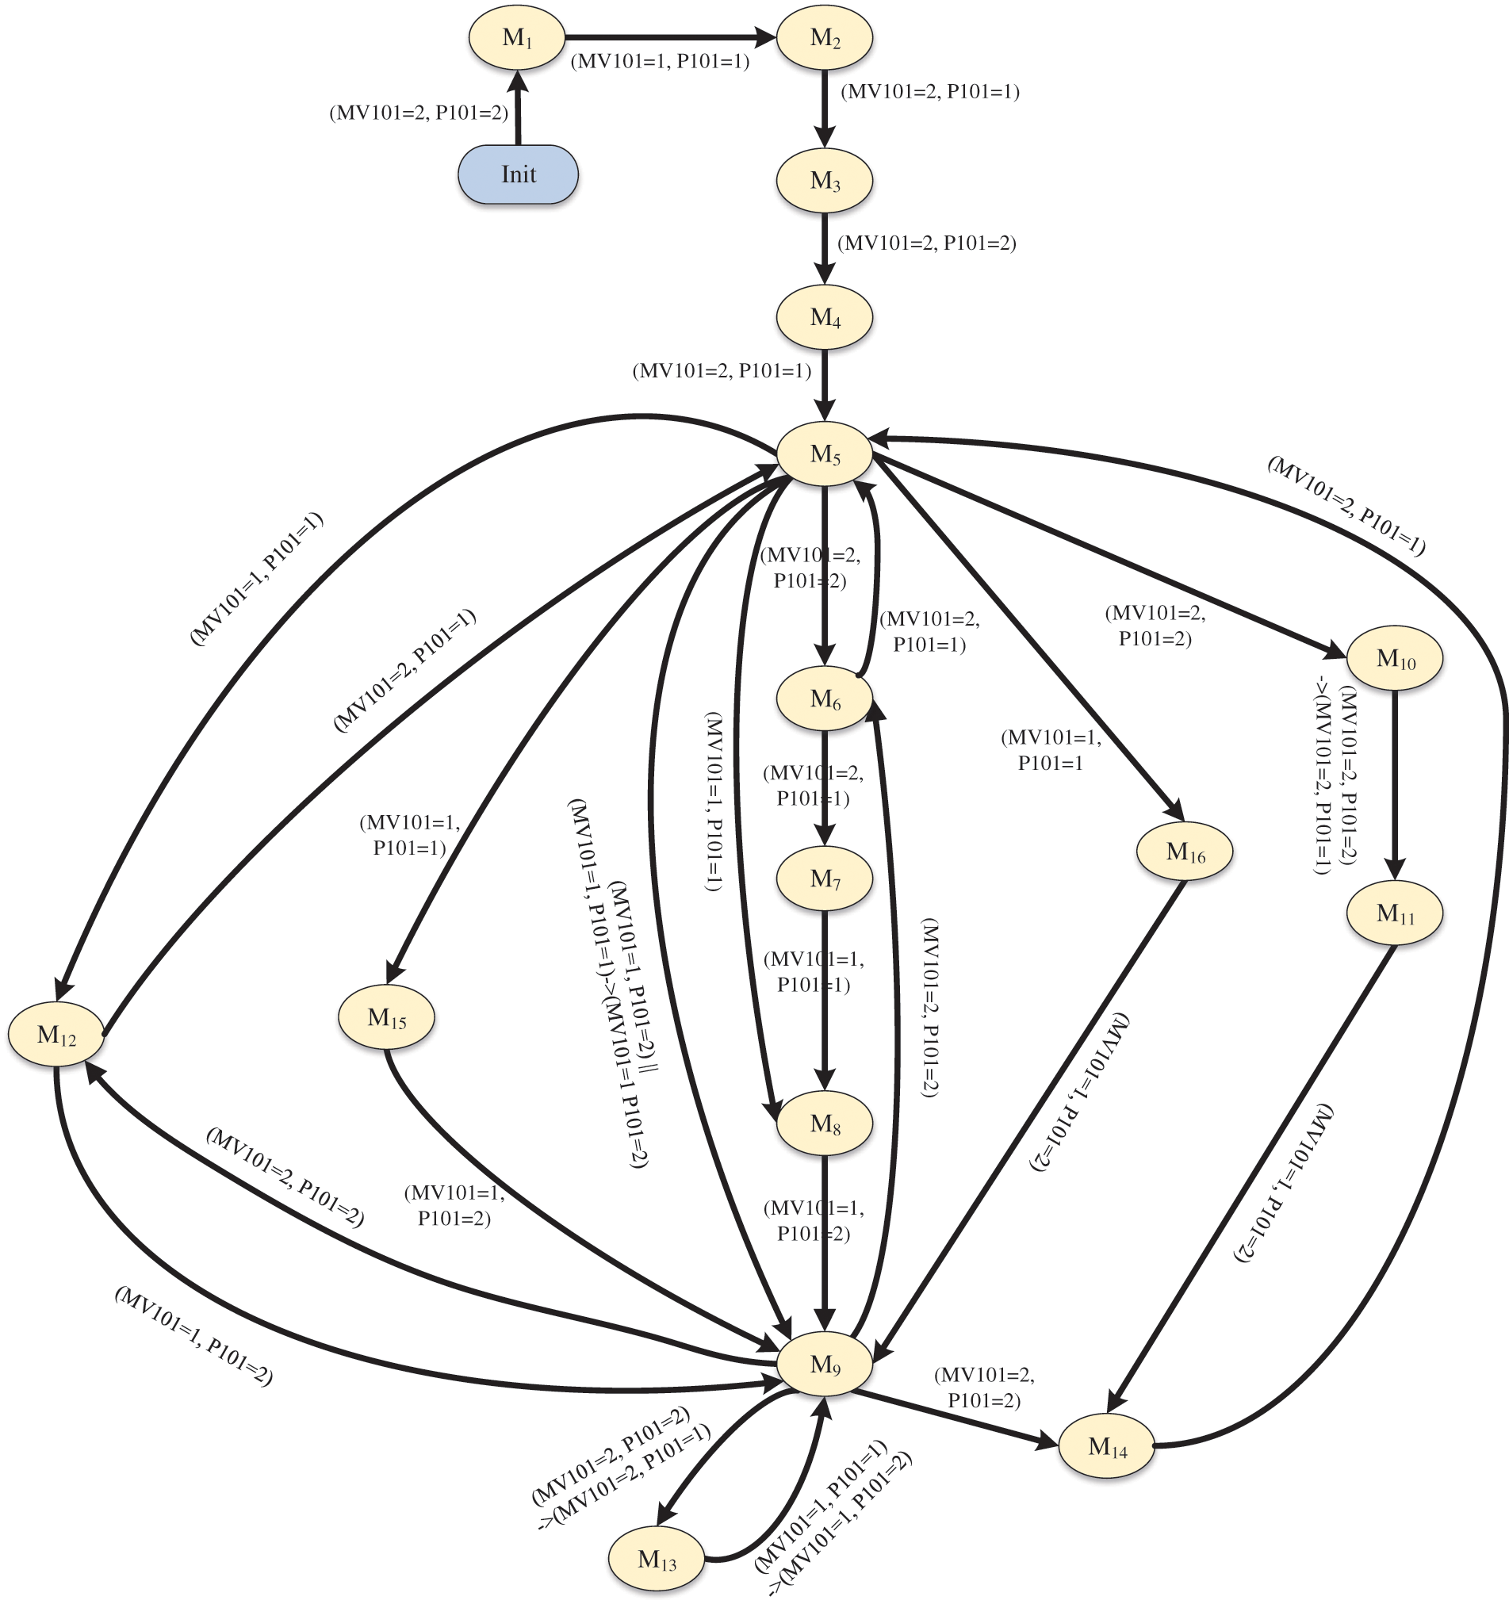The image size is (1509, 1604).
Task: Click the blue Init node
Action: [518, 174]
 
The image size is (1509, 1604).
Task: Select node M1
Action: [517, 38]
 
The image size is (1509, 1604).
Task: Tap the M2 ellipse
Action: [825, 38]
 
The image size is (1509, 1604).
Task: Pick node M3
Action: [825, 181]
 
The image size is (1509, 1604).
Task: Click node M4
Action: [825, 317]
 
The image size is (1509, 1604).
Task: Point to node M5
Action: [825, 454]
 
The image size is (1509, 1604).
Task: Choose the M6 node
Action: [825, 699]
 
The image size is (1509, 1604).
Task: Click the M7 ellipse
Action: [825, 878]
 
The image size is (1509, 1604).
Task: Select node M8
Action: [825, 1124]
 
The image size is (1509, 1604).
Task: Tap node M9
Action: [825, 1365]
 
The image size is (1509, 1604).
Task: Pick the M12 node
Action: [56, 1035]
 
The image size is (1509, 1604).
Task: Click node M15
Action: [386, 1017]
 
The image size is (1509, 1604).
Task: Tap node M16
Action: [1185, 852]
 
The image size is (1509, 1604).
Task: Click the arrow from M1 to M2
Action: [670, 37]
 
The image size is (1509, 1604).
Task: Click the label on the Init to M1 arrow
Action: [419, 113]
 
